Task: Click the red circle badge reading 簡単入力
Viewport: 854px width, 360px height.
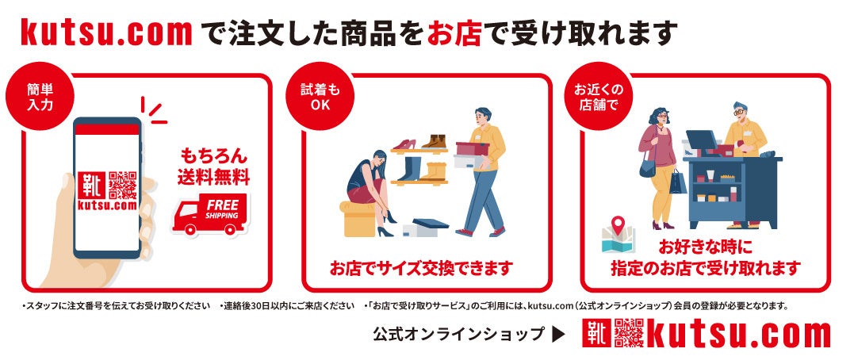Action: tap(40, 97)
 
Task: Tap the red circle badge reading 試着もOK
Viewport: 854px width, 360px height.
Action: tap(320, 97)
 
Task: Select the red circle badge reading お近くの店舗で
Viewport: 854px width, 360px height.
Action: tap(598, 97)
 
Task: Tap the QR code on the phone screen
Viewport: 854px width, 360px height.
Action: tap(123, 186)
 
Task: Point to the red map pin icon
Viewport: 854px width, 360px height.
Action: tap(618, 225)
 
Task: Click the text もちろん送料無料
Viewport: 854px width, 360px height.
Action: tap(213, 167)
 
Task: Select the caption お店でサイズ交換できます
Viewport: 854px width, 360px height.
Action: tap(421, 268)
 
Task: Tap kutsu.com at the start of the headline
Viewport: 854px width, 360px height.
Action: tap(107, 33)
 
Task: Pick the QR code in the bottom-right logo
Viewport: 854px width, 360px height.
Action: tap(629, 333)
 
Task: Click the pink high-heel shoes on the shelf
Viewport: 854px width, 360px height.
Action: tap(404, 144)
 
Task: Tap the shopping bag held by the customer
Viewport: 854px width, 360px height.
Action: tap(677, 182)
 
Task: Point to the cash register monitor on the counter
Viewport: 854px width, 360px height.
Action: tap(702, 140)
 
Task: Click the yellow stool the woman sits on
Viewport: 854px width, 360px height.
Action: tap(358, 218)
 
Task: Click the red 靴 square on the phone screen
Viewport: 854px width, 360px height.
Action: tap(91, 186)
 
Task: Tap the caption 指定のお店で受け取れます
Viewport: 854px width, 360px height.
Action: tap(705, 268)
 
